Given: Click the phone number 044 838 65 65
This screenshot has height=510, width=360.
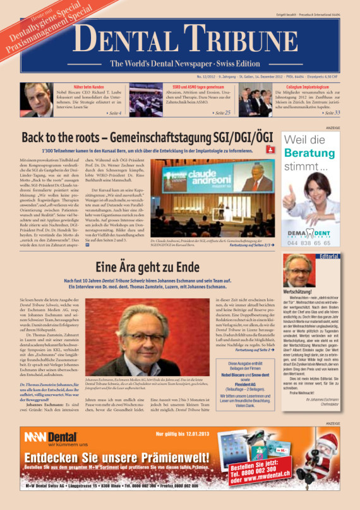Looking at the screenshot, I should pyautogui.click(x=311, y=242).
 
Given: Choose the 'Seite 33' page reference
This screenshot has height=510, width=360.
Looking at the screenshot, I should pyautogui.click(x=331, y=112).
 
